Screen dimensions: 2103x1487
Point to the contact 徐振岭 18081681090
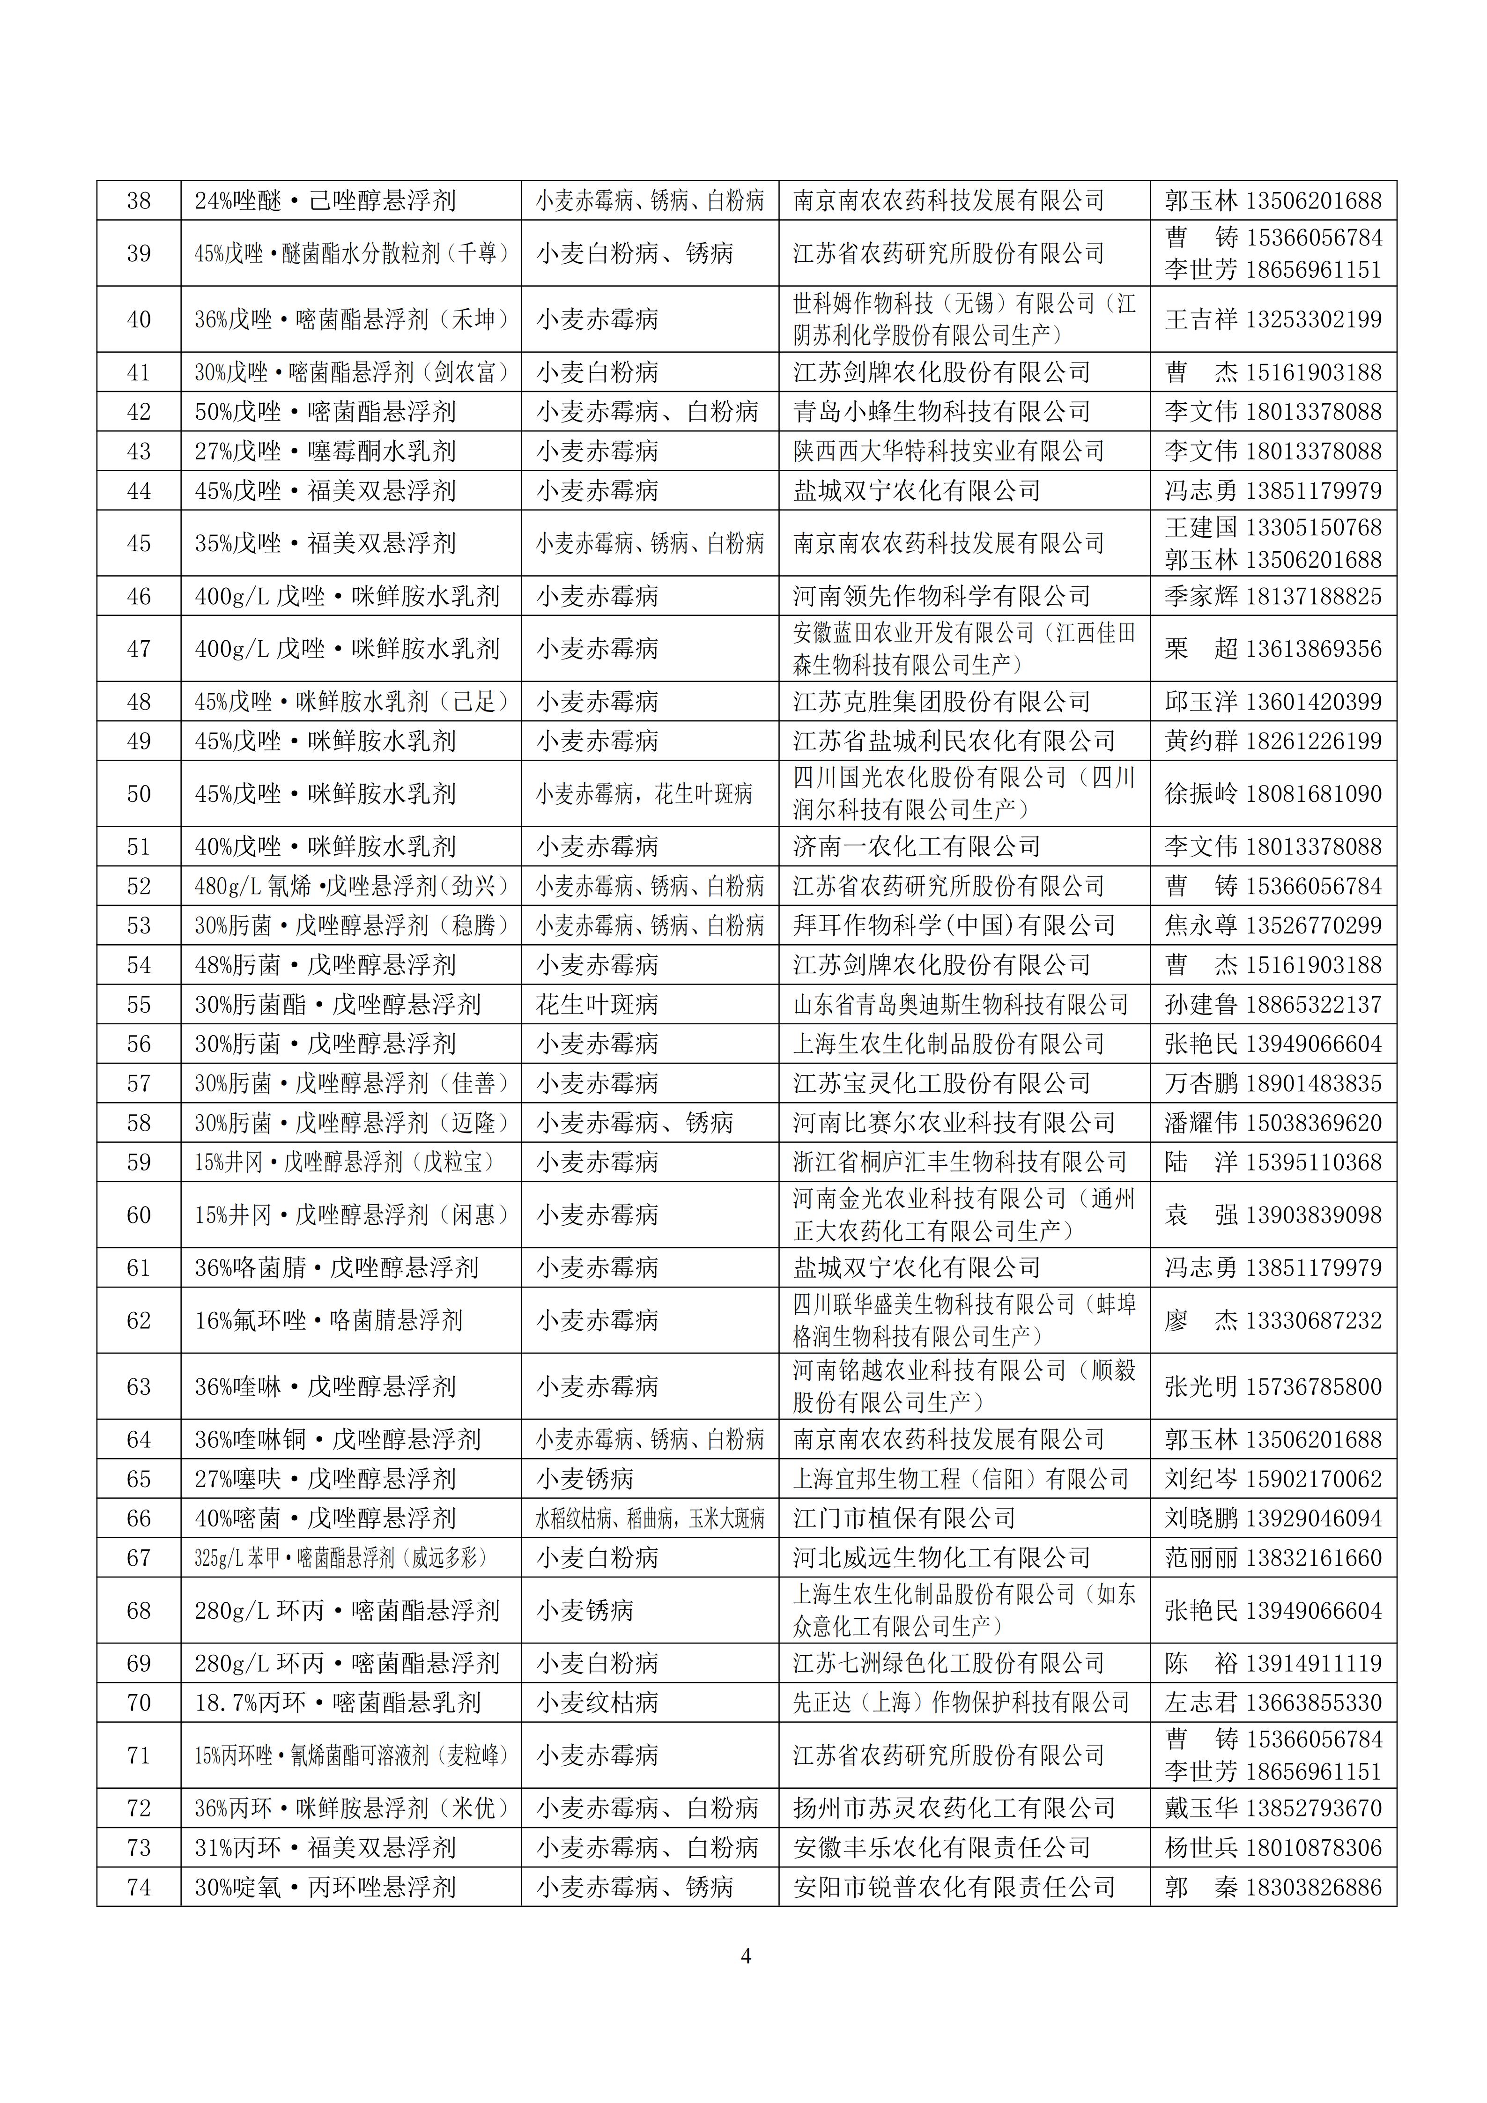pos(1273,794)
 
